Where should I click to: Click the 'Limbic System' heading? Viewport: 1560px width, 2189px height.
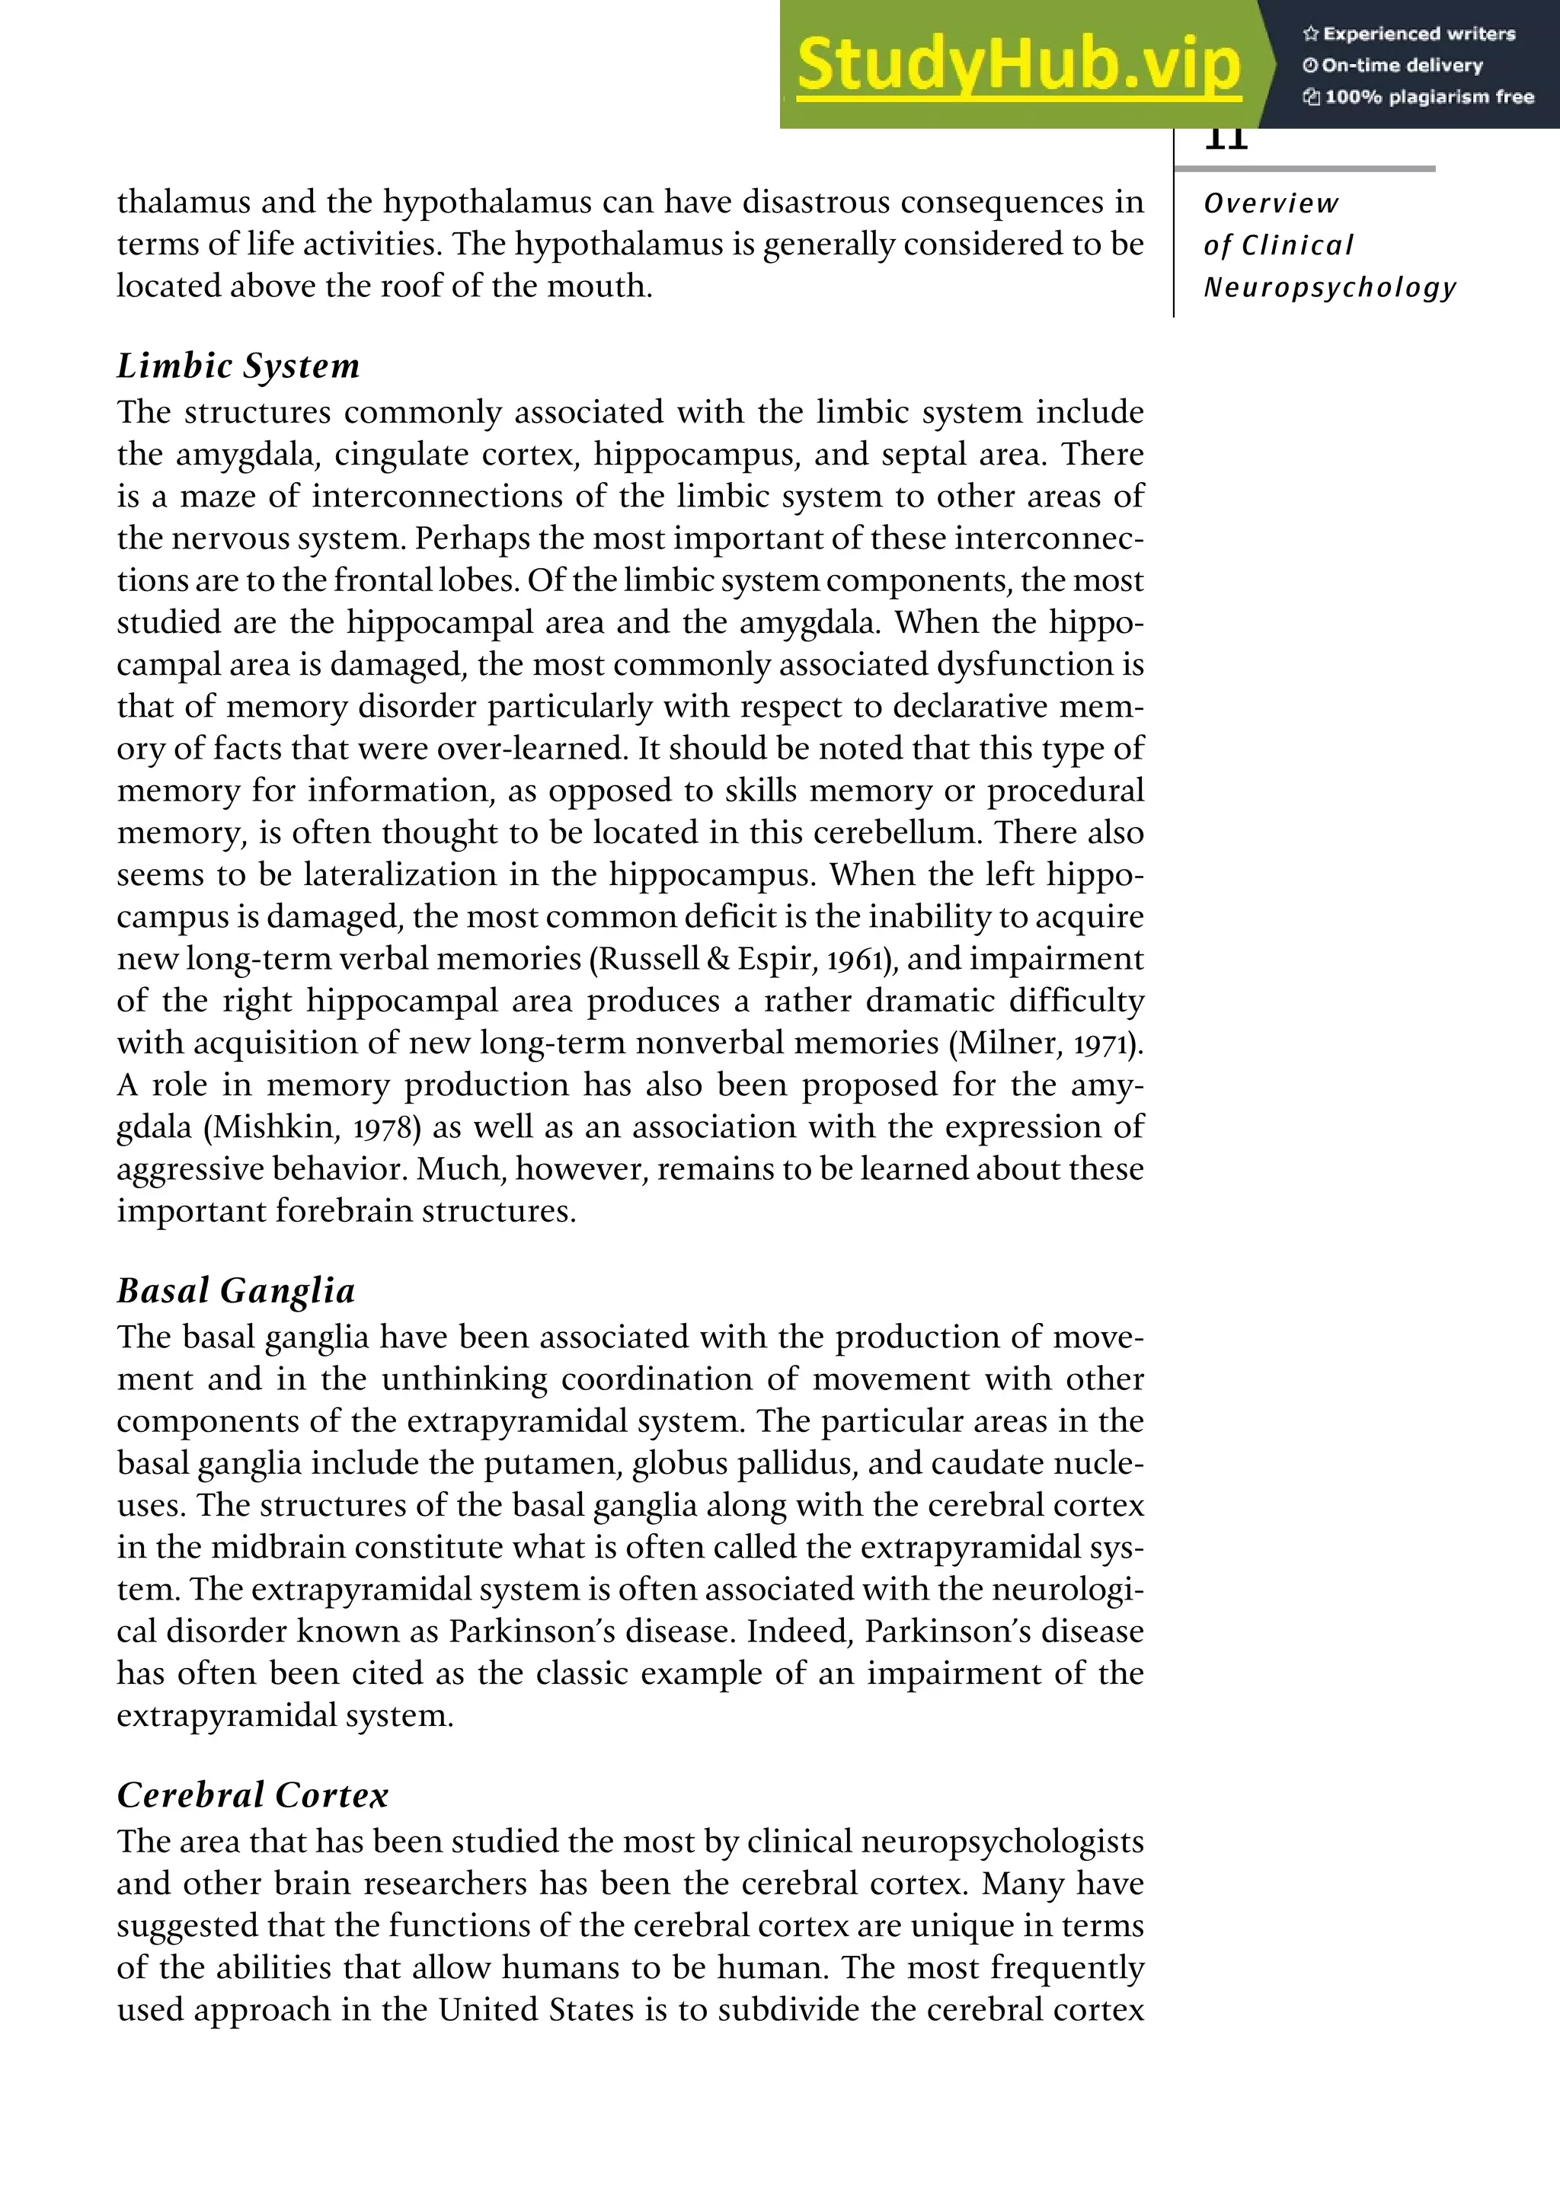(x=238, y=366)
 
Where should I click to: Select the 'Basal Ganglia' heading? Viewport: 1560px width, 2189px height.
(x=236, y=1291)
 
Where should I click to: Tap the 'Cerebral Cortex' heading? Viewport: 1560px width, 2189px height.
(x=253, y=1795)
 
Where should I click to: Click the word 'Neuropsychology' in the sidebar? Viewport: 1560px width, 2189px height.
(x=1329, y=287)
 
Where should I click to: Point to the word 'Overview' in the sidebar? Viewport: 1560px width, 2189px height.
(x=1270, y=203)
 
